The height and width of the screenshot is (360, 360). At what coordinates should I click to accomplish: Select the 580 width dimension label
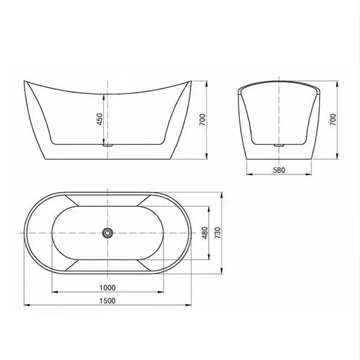click(280, 170)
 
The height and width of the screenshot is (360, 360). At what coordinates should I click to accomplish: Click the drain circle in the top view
click(107, 233)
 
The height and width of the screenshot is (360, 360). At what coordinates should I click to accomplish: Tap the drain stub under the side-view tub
click(107, 145)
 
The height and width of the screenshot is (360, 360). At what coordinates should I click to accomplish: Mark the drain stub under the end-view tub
click(280, 145)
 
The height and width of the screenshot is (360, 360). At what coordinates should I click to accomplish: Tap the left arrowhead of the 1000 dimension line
click(53, 292)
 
